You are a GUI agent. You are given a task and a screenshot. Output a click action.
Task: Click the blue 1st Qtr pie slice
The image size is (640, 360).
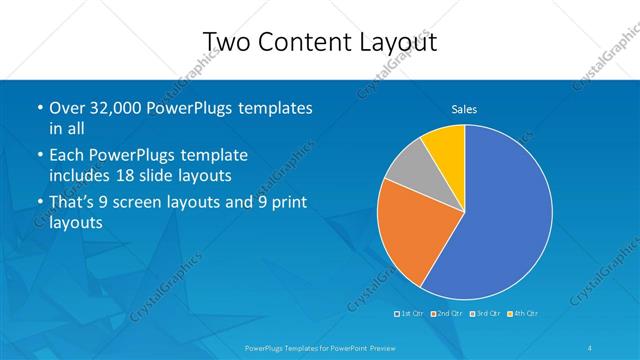click(x=500, y=220)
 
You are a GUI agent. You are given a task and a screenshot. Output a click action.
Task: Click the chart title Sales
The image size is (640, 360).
click(x=464, y=108)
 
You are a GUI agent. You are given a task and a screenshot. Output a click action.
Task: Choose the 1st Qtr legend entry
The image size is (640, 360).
click(x=412, y=313)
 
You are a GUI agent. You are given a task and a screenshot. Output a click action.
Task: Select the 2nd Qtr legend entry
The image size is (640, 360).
click(x=449, y=313)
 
